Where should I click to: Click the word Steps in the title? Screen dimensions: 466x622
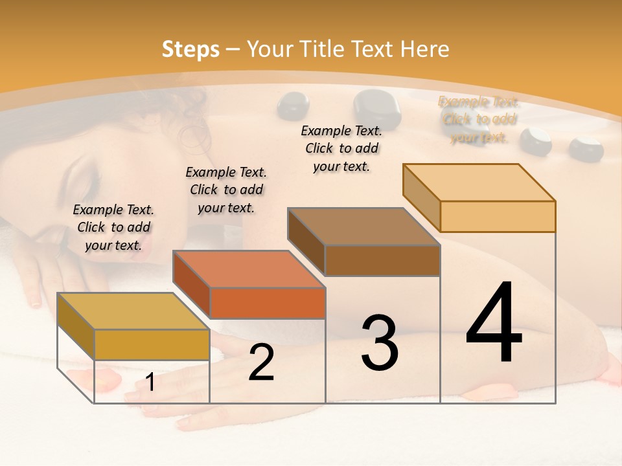(x=190, y=49)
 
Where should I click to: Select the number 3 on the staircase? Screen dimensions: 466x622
(x=380, y=343)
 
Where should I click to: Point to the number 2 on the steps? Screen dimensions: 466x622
(x=261, y=362)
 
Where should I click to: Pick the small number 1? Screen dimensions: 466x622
(x=150, y=383)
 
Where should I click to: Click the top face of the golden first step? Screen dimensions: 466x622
(x=133, y=311)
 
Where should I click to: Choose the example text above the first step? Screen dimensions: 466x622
(x=113, y=227)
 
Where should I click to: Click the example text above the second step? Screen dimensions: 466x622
(x=226, y=190)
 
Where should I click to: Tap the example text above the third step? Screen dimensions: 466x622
(x=341, y=148)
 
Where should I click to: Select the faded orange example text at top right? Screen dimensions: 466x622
(x=478, y=119)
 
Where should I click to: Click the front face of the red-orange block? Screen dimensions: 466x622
(x=268, y=303)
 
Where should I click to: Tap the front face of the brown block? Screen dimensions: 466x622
(x=382, y=260)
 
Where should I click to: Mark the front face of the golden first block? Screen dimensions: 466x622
(x=152, y=344)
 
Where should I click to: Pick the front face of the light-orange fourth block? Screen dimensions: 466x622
(x=498, y=216)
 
